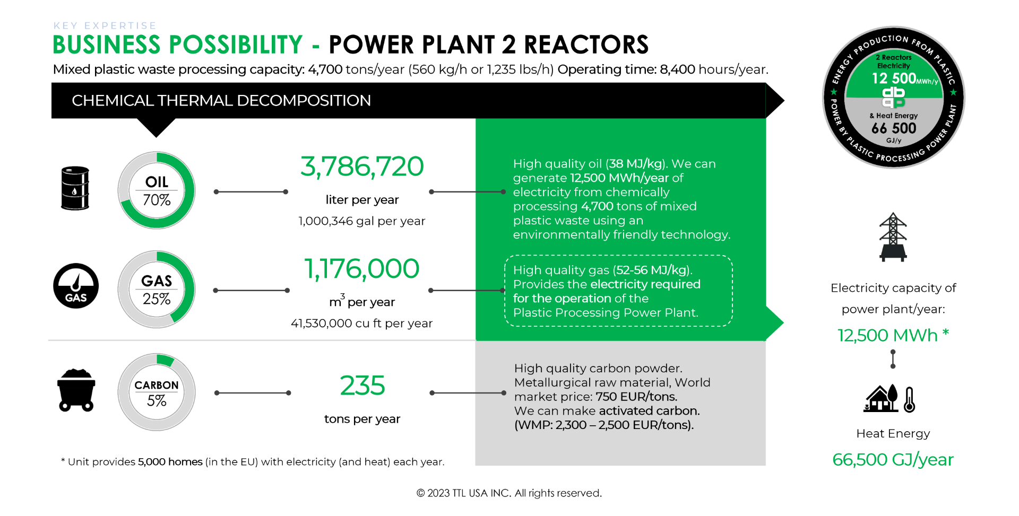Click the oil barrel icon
[75, 188]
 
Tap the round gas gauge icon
[76, 286]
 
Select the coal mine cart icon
[76, 390]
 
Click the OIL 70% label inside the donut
[157, 191]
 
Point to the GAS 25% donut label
[157, 290]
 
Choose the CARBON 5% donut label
[157, 393]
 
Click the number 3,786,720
[362, 167]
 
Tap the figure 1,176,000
[361, 269]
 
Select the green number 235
[362, 386]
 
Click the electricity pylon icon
[893, 237]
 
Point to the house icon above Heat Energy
[881, 398]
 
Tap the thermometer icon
[909, 399]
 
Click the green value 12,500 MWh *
[893, 335]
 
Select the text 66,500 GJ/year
[893, 459]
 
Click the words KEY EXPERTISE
[105, 25]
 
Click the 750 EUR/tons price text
[636, 397]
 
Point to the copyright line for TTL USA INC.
[509, 493]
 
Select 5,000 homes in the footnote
[170, 462]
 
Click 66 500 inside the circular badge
[894, 128]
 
